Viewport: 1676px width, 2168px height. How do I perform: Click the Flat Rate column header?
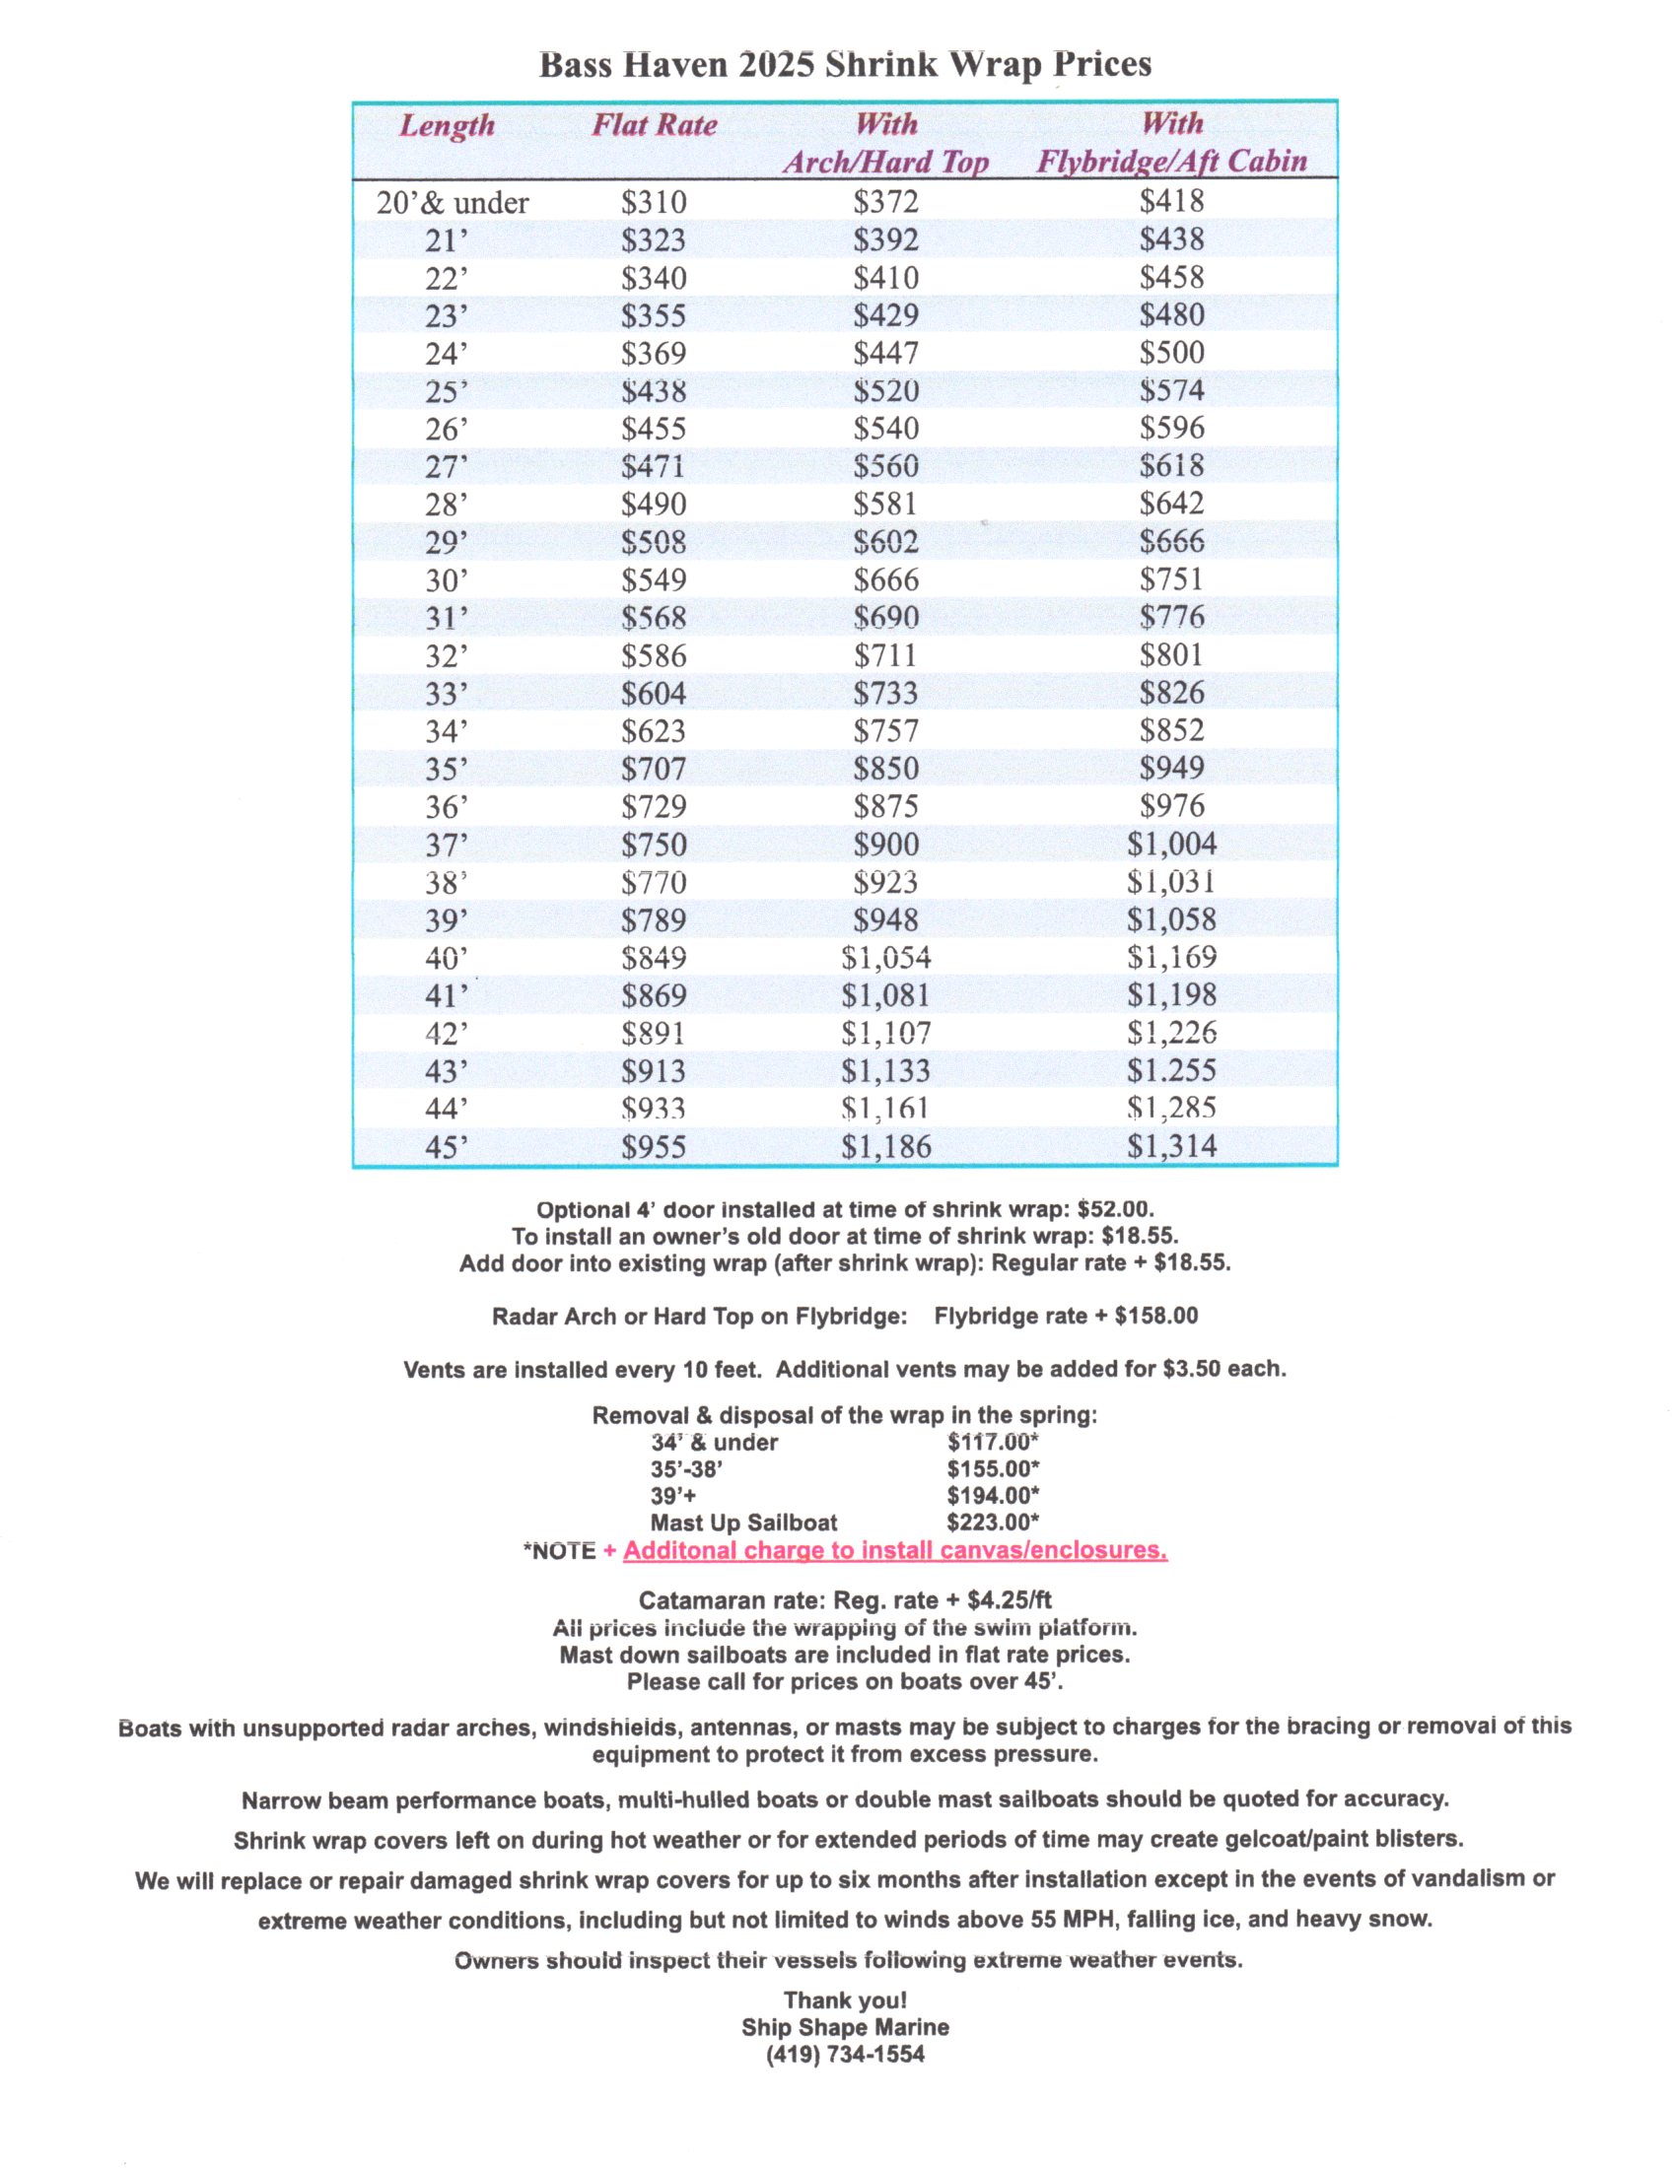tap(655, 125)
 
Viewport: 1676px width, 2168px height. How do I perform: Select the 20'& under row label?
tap(452, 202)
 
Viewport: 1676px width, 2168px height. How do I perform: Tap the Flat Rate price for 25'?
tap(654, 391)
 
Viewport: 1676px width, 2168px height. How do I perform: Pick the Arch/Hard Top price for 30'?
tap(885, 579)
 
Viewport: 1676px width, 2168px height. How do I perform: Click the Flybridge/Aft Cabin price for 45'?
tap(1171, 1146)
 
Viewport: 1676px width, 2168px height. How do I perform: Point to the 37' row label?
tap(446, 845)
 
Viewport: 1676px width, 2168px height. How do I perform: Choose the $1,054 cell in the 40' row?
tap(885, 958)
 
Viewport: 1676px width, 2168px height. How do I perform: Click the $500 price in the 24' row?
tap(1171, 353)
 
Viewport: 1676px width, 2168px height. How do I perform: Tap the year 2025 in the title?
tap(777, 65)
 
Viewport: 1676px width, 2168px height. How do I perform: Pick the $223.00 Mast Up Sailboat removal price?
tap(992, 1523)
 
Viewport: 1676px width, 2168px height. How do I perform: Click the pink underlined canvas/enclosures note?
tap(894, 1550)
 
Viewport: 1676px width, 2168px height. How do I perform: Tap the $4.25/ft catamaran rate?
tap(1009, 1600)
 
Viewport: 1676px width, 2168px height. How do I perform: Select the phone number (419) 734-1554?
tap(845, 2055)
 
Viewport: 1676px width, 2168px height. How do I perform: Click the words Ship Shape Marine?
tap(845, 2027)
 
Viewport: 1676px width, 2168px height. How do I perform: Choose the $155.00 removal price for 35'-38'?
tap(992, 1469)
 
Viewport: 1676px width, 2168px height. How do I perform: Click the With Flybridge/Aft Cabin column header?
tap(1171, 143)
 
